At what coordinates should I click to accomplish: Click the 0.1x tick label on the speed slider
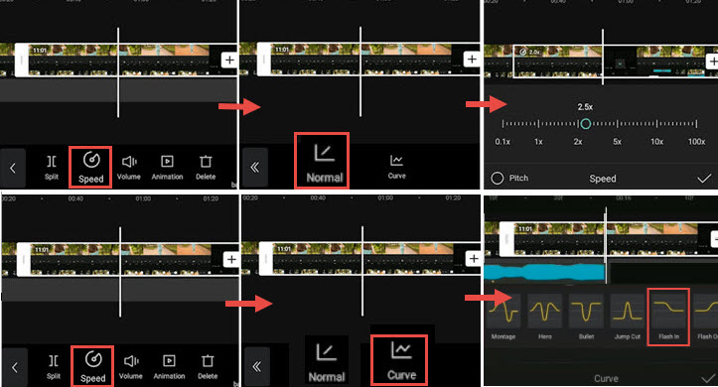click(503, 142)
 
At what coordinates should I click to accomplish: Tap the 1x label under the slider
click(538, 142)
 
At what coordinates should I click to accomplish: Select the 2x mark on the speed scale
click(577, 142)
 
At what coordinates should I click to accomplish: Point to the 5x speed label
click(617, 142)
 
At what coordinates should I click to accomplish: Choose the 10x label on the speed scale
click(656, 142)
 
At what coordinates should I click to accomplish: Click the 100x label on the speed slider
click(696, 142)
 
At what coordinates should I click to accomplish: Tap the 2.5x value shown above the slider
click(586, 106)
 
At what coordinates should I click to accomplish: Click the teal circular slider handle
click(586, 123)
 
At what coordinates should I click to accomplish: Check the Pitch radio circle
click(498, 179)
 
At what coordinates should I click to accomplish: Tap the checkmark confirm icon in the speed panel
click(704, 179)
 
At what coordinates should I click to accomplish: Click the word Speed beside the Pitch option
click(603, 179)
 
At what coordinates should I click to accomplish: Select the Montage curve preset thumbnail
click(503, 315)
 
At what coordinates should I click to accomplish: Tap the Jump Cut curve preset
click(627, 315)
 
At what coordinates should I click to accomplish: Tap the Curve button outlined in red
click(398, 358)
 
